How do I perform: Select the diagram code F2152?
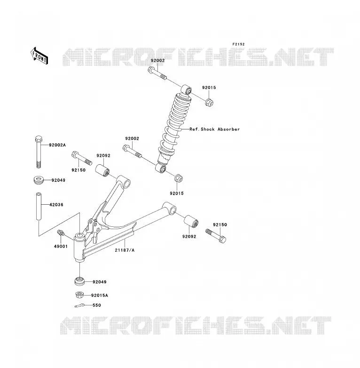[238, 44]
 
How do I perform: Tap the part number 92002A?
[57, 145]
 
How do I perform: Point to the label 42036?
[56, 205]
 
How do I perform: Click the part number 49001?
[61, 247]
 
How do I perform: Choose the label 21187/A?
[125, 250]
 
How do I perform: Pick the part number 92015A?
[100, 295]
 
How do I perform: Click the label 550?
[97, 305]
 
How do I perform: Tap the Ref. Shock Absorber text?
[214, 129]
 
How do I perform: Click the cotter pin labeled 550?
[79, 305]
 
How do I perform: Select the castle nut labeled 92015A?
[80, 295]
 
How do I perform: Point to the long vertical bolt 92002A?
[39, 152]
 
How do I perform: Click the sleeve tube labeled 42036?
[39, 206]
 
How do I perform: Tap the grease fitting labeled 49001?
[61, 233]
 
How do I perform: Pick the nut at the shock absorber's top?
[209, 102]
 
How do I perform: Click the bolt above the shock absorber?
[157, 73]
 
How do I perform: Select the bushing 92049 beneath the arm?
[80, 281]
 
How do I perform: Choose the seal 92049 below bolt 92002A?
[39, 180]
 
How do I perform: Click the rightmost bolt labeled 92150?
[216, 236]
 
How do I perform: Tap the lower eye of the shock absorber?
[161, 168]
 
